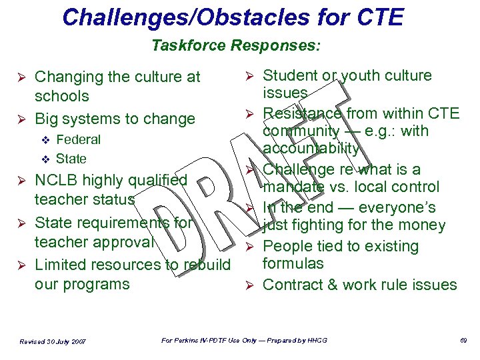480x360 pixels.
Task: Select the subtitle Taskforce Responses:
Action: [236, 46]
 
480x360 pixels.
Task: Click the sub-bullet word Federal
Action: [78, 139]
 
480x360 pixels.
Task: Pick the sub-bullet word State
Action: [71, 159]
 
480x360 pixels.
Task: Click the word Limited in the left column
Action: [60, 265]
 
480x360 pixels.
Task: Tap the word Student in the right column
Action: [291, 76]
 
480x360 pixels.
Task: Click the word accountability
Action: [311, 148]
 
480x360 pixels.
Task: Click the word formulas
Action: [293, 263]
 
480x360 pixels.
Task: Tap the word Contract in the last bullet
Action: [294, 285]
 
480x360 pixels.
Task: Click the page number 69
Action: [463, 341]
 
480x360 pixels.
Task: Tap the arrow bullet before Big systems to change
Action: [20, 119]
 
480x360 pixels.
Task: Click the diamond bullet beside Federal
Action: [45, 140]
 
